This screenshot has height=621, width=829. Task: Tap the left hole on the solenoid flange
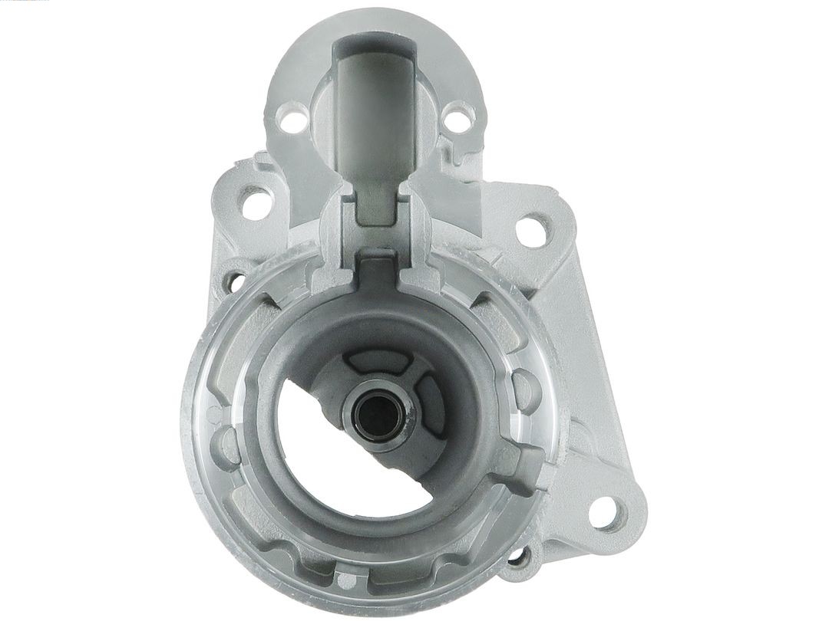pyautogui.click(x=289, y=120)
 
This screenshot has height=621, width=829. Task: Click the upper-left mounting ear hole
pyautogui.click(x=256, y=202)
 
